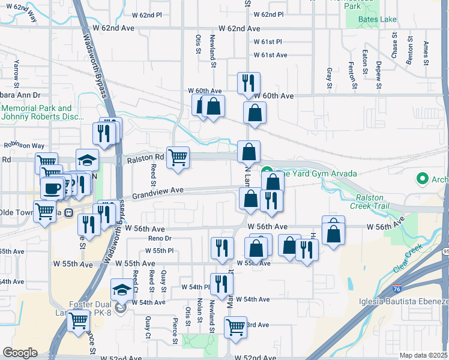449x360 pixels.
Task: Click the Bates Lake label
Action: [377, 20]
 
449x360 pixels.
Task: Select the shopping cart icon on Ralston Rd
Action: [178, 158]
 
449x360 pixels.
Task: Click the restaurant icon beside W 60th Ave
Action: [249, 83]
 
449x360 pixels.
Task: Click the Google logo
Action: [20, 352]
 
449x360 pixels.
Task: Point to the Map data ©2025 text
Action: [423, 355]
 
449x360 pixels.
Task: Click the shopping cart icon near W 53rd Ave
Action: [235, 328]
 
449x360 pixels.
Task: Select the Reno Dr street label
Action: [160, 239]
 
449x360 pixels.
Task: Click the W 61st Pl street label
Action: [268, 42]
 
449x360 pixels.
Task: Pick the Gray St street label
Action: [329, 78]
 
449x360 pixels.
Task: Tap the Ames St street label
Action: [426, 52]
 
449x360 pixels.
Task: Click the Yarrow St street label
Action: [17, 71]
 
